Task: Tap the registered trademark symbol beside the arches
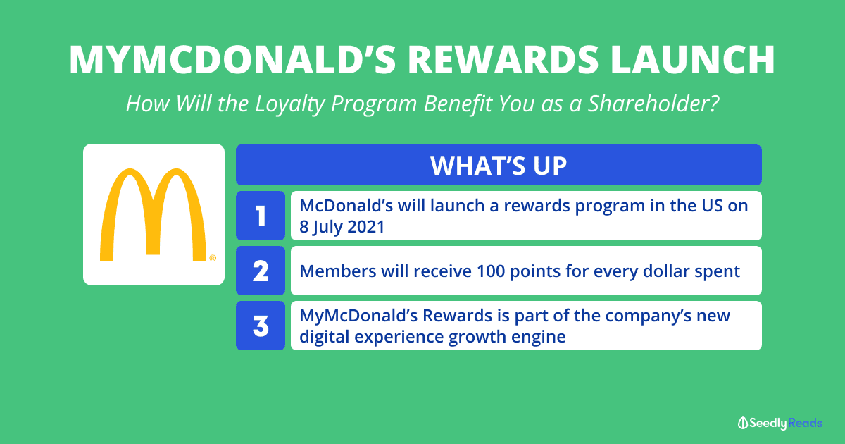(213, 258)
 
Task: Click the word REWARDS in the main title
(503, 60)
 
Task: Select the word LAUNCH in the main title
(693, 60)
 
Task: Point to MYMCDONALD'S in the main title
(232, 60)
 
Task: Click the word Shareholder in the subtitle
(653, 104)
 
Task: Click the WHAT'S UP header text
(499, 166)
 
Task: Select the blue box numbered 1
(261, 216)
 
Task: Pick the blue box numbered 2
(261, 271)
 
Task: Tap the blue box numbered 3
(261, 326)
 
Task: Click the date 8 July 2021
(342, 227)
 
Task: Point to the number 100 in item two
(491, 271)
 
